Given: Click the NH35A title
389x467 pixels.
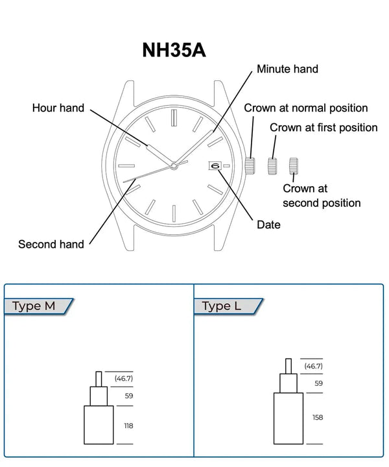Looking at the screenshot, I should click(x=174, y=51).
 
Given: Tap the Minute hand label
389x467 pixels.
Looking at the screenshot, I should click(x=287, y=69).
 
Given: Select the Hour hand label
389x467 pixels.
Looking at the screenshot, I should click(x=58, y=108).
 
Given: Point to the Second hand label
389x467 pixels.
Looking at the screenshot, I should click(x=51, y=244).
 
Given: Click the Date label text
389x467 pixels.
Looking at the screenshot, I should click(x=268, y=224).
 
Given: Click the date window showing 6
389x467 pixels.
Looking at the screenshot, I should click(x=215, y=166).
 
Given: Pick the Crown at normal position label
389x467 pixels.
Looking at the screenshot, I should click(x=305, y=108).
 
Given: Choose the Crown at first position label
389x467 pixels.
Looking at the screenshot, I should click(x=324, y=128).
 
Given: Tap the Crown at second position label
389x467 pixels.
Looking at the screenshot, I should click(x=322, y=196).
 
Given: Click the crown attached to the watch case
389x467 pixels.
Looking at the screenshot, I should click(x=250, y=165).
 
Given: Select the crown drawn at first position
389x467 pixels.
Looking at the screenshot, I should click(x=272, y=165).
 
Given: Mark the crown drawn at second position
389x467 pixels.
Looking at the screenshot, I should click(x=294, y=165).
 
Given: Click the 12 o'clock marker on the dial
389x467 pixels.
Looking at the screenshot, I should click(x=174, y=118).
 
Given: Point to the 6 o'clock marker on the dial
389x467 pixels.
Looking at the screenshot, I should click(x=174, y=212).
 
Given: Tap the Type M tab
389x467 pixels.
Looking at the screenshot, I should click(x=35, y=306).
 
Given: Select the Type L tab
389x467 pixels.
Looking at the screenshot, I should click(x=223, y=306).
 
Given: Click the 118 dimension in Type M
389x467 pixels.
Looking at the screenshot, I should click(x=128, y=425).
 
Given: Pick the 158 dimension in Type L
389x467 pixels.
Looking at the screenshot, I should click(x=318, y=418).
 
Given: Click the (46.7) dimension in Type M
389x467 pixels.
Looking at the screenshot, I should click(x=124, y=378).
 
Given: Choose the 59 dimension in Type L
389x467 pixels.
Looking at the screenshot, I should click(x=318, y=383).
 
